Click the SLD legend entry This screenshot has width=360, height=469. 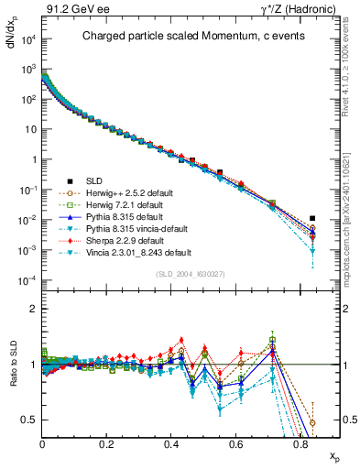[x=104, y=180]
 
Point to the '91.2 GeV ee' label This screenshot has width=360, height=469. [x=71, y=7]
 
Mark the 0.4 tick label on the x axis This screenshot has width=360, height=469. [x=171, y=443]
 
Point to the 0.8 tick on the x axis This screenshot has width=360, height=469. [x=301, y=443]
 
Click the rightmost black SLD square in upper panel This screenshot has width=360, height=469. [x=312, y=219]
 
